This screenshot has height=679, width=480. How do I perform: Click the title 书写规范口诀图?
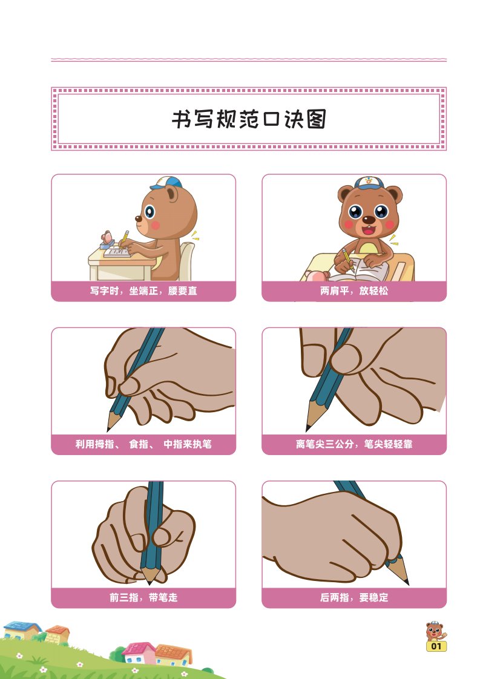pyautogui.click(x=249, y=119)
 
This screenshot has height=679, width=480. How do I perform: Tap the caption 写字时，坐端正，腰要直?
pyautogui.click(x=143, y=291)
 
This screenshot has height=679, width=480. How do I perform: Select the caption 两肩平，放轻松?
pyautogui.click(x=354, y=291)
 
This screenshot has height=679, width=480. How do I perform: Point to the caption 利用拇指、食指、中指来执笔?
pyautogui.click(x=143, y=444)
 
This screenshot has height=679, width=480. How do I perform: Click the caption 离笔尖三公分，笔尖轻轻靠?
pyautogui.click(x=354, y=444)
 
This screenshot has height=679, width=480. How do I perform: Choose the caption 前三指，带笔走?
pyautogui.click(x=143, y=597)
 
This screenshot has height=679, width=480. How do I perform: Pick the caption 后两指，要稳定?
pyautogui.click(x=354, y=597)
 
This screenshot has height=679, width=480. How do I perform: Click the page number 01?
pyautogui.click(x=436, y=646)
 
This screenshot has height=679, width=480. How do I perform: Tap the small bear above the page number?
pyautogui.click(x=435, y=631)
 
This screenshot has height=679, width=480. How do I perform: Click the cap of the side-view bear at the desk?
pyautogui.click(x=167, y=183)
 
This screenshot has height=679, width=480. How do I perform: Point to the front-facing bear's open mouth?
pyautogui.click(x=369, y=229)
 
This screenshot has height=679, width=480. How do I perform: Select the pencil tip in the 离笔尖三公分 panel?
pyautogui.click(x=308, y=427)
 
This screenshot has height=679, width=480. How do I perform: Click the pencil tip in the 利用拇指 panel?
pyautogui.click(x=109, y=428)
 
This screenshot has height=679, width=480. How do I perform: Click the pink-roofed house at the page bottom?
pyautogui.click(x=138, y=653)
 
